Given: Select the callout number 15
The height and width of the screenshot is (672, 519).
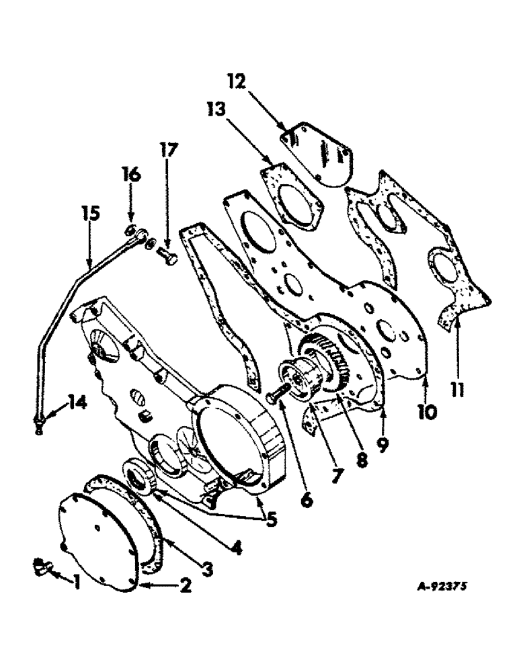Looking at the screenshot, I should click(x=92, y=214).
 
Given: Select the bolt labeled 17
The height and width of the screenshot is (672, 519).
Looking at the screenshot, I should click(x=167, y=256).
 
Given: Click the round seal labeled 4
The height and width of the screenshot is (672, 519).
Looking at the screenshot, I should click(x=139, y=480).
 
